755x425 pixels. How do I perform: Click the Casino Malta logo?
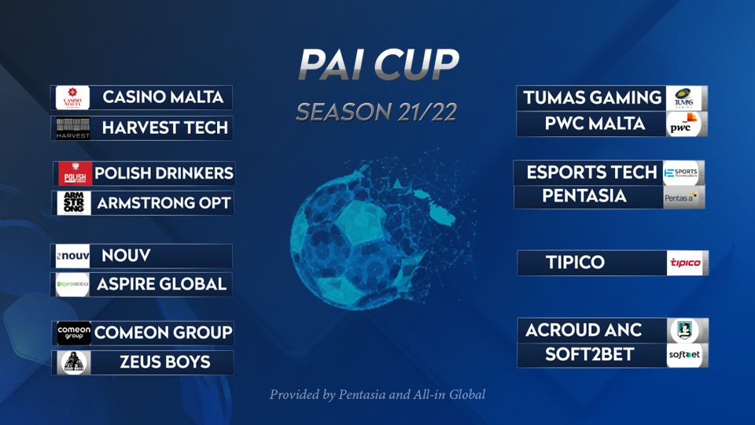72,98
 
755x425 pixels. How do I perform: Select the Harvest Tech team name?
165,128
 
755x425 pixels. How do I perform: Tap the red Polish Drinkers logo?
75,173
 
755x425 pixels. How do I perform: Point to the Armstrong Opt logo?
74,203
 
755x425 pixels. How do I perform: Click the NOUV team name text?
126,255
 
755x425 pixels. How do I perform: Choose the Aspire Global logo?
72,284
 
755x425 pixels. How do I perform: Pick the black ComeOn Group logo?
74,333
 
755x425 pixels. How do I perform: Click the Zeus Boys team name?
165,362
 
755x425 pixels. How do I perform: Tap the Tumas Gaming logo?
684,98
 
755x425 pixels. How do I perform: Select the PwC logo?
684,124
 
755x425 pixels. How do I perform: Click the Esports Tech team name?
591,172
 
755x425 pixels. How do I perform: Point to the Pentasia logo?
681,198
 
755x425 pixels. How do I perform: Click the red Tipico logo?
685,263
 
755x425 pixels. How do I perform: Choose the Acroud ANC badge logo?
685,331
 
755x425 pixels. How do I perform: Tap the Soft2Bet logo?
685,355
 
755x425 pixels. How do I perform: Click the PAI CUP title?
378,64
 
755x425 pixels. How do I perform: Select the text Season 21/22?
377,113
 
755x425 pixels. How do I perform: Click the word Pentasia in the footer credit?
362,394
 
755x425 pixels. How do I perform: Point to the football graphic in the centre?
376,231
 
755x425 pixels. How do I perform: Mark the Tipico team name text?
575,263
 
